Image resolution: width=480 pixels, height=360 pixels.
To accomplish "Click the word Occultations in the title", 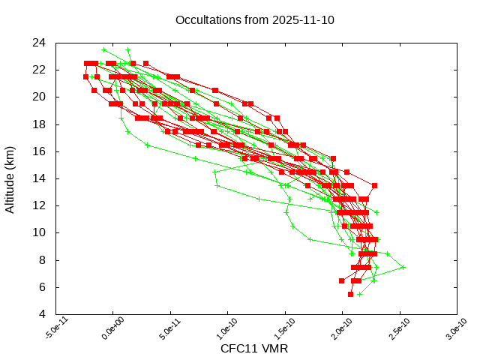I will pyautogui.click(x=205, y=19).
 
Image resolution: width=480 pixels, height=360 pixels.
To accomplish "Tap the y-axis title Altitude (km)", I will pyautogui.click(x=10, y=178).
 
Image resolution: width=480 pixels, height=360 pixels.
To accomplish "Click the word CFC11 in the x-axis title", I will pyautogui.click(x=237, y=349).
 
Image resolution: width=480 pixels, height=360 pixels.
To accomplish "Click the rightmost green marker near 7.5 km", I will pyautogui.click(x=403, y=267).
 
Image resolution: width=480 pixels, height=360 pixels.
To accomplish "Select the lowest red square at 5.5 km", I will pyautogui.click(x=350, y=294).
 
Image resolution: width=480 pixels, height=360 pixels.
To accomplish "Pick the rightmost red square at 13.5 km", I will pyautogui.click(x=374, y=185).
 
